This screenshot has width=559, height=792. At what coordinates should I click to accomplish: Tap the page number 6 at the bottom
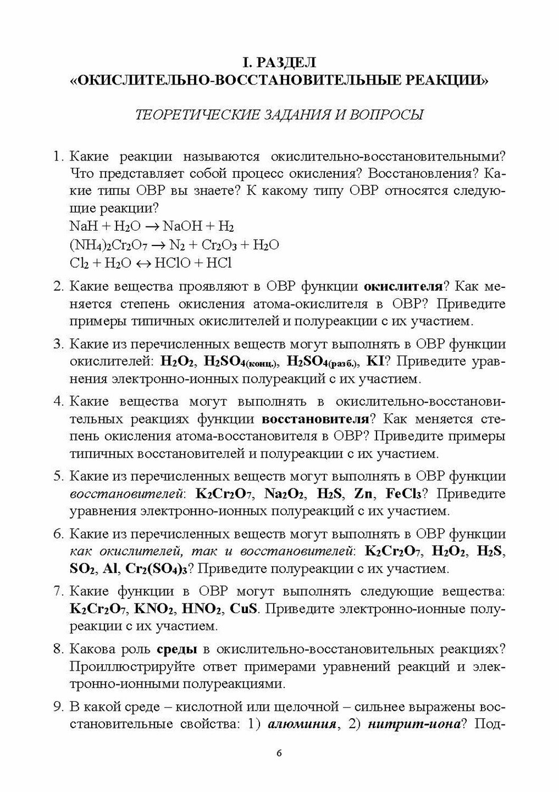pos(279,769)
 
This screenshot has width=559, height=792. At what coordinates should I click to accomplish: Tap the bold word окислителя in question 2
pos(403,287)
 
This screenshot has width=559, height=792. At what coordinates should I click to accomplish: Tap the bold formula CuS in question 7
pos(244,609)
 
